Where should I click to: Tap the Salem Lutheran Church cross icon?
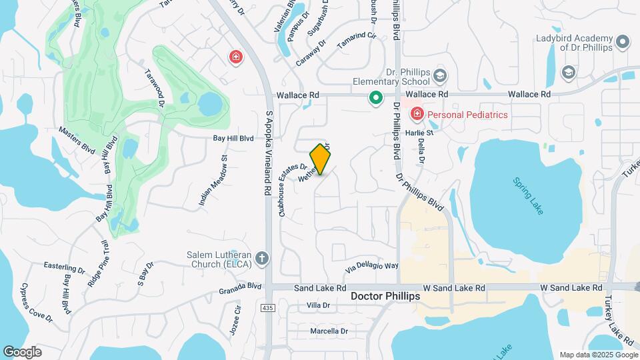[263, 258]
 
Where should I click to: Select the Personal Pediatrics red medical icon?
[417, 114]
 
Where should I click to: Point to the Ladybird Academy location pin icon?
[623, 43]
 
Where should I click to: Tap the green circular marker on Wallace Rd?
[375, 99]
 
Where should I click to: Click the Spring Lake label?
[529, 195]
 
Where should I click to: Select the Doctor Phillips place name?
[385, 295]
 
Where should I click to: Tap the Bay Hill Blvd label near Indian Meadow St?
[233, 139]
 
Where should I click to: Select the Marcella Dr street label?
[329, 331]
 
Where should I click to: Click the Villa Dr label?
[318, 305]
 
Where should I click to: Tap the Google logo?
[22, 351]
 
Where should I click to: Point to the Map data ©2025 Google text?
[597, 354]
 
